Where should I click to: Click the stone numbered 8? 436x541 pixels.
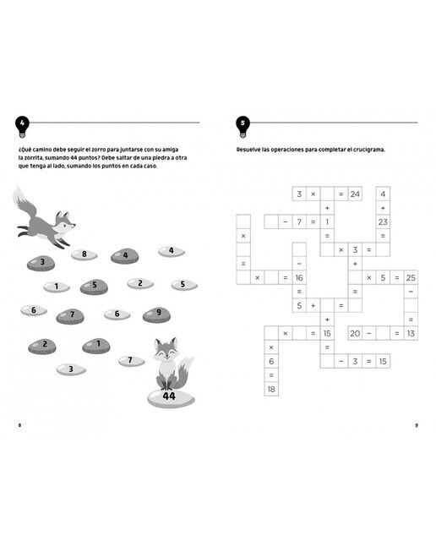pyautogui.click(x=84, y=255)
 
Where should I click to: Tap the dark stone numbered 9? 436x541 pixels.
pyautogui.click(x=156, y=314)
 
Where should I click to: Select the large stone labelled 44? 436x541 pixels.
pyautogui.click(x=171, y=399)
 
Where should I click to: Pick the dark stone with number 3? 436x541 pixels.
pyautogui.click(x=41, y=263)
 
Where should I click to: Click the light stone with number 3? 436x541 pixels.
pyautogui.click(x=71, y=369)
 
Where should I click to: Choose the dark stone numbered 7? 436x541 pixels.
pyautogui.click(x=70, y=316)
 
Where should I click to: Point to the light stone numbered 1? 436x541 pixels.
pyautogui.click(x=57, y=287)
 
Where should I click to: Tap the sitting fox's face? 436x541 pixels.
pyautogui.click(x=166, y=349)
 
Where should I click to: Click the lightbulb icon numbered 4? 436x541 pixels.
pyautogui.click(x=22, y=126)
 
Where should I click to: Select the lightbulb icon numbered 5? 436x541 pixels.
pyautogui.click(x=243, y=126)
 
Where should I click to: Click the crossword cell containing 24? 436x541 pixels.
pyautogui.click(x=355, y=194)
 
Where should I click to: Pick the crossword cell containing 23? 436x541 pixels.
pyautogui.click(x=383, y=221)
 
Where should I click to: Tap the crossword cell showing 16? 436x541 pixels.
pyautogui.click(x=299, y=277)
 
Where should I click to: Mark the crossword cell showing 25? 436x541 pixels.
pyautogui.click(x=411, y=277)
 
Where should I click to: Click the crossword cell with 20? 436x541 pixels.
pyautogui.click(x=355, y=333)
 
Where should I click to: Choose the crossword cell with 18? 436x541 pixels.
pyautogui.click(x=271, y=389)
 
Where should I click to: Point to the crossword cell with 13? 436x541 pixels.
pyautogui.click(x=411, y=333)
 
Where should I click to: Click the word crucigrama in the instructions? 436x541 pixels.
pyautogui.click(x=369, y=150)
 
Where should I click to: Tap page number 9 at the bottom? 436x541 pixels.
pyautogui.click(x=417, y=425)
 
